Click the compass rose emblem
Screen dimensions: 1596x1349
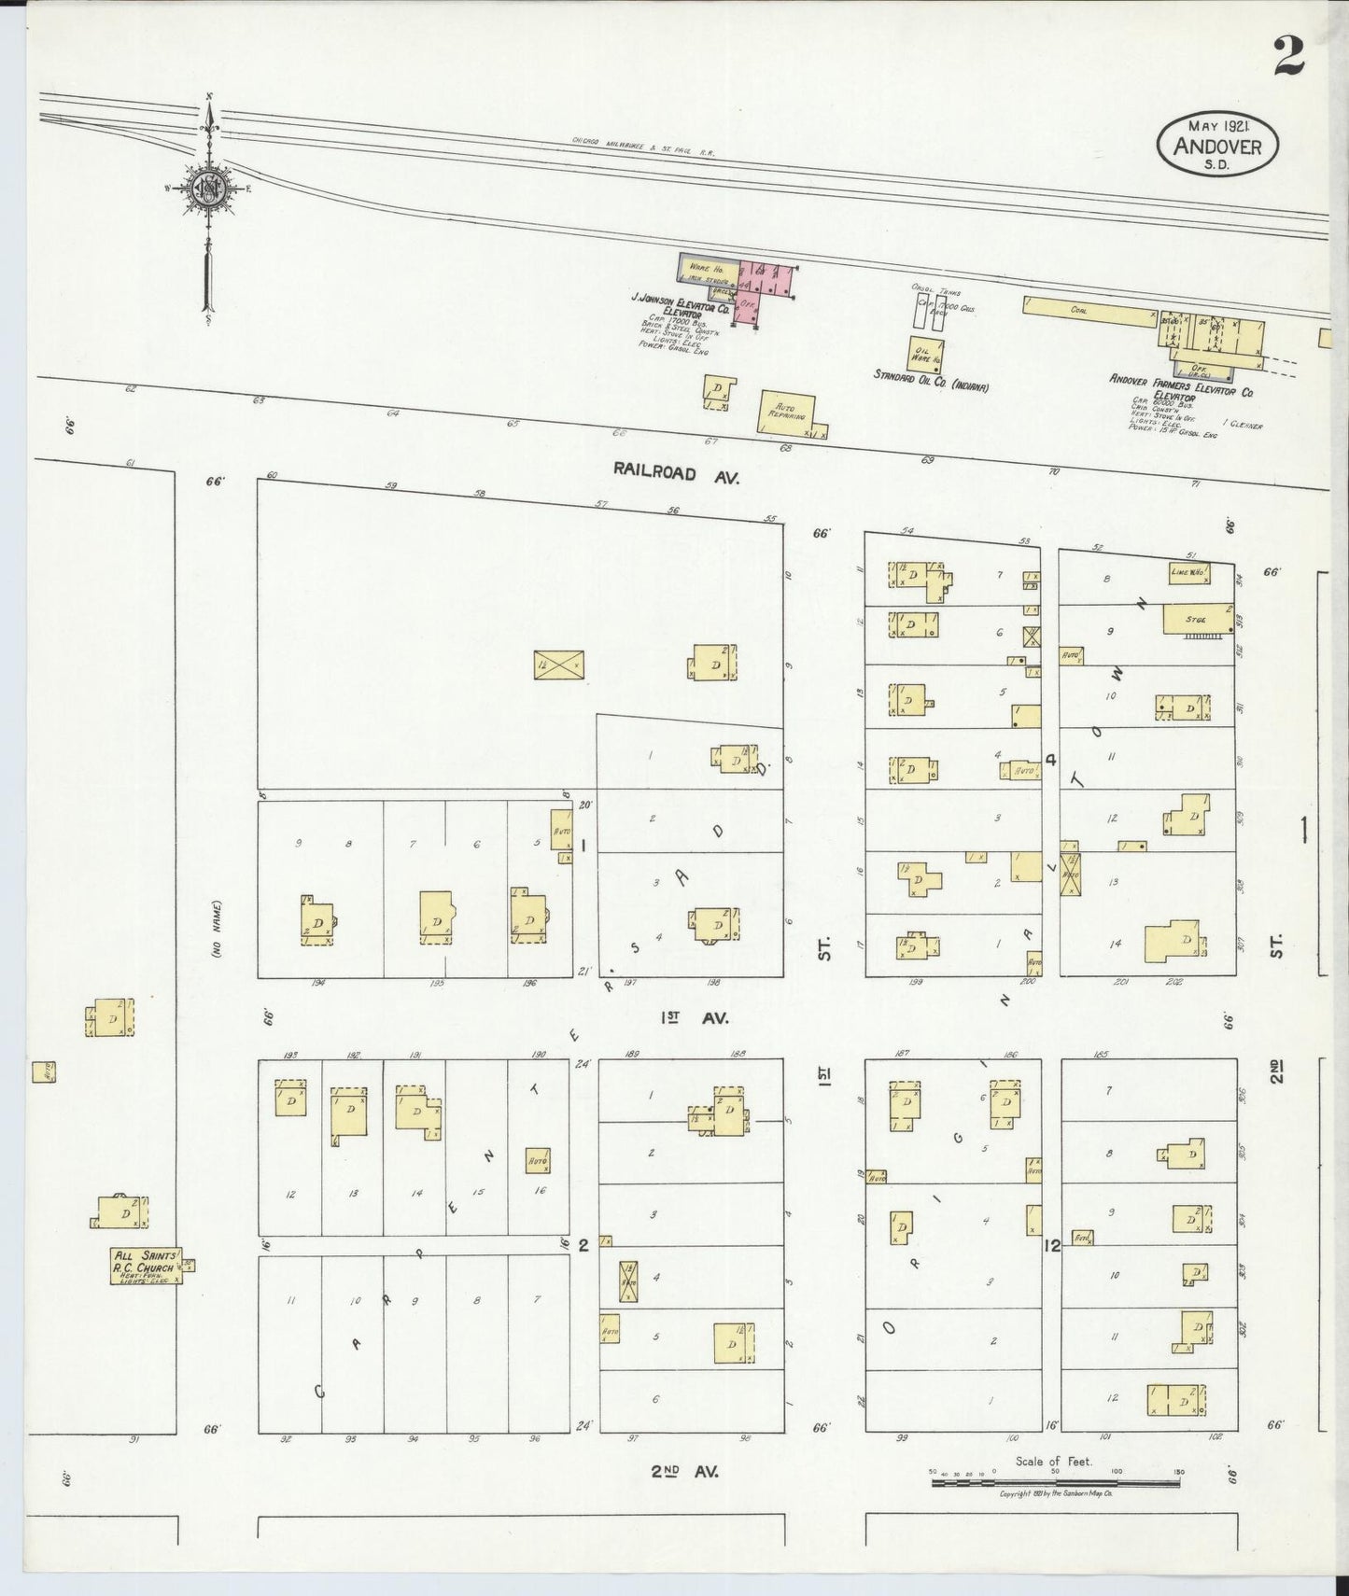click(x=206, y=188)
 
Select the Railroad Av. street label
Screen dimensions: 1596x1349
click(x=676, y=473)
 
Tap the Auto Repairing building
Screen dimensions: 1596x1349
click(x=787, y=413)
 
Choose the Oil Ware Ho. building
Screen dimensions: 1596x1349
click(x=923, y=353)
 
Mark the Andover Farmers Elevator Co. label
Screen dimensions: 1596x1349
click(x=1181, y=385)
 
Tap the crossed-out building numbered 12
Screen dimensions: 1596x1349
click(x=559, y=665)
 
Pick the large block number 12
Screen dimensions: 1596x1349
click(x=1052, y=1244)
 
